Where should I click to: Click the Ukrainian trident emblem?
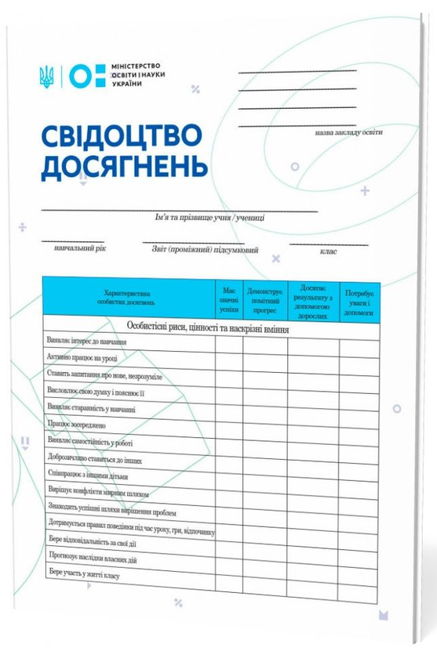point(46,75)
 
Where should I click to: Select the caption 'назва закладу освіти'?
point(349,132)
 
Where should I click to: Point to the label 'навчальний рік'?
point(79,248)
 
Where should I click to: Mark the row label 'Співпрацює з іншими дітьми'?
point(87,475)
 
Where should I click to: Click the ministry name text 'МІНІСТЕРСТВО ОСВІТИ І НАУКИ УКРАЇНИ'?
point(140,76)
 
